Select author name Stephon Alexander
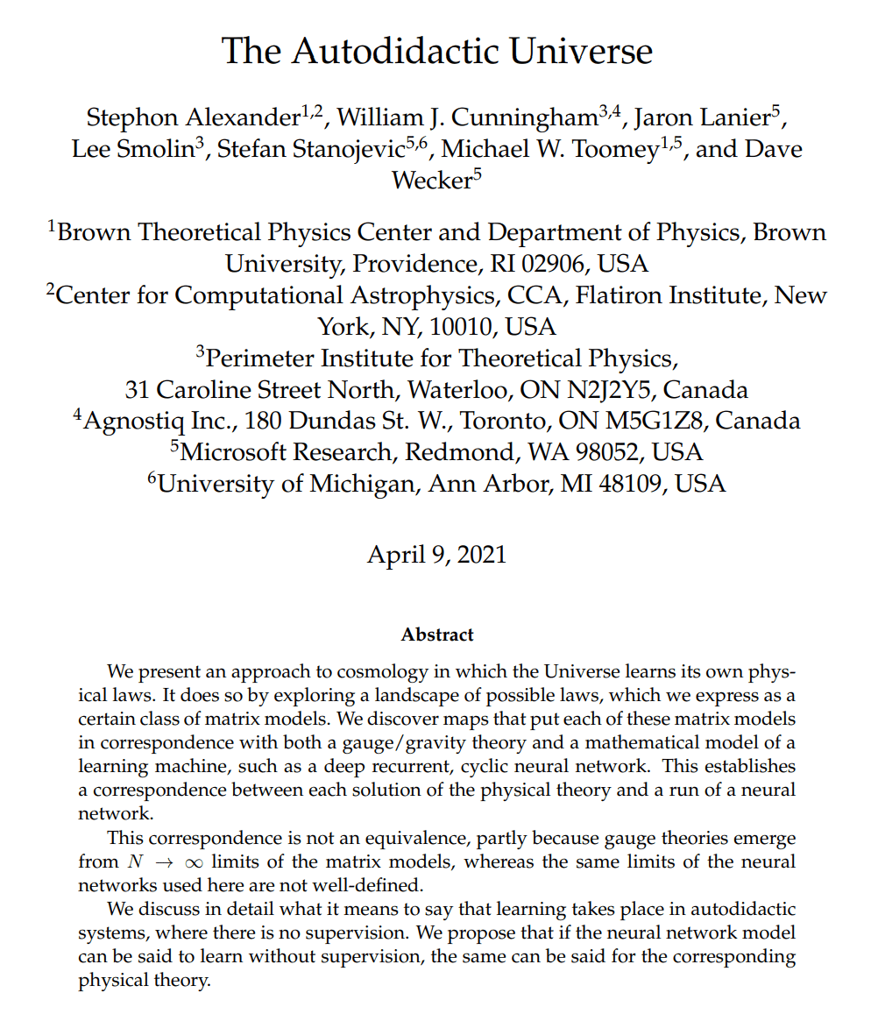coord(193,117)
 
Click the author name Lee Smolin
coord(131,150)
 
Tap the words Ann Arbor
coord(492,483)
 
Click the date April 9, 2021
coord(436,555)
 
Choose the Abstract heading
coord(437,635)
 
